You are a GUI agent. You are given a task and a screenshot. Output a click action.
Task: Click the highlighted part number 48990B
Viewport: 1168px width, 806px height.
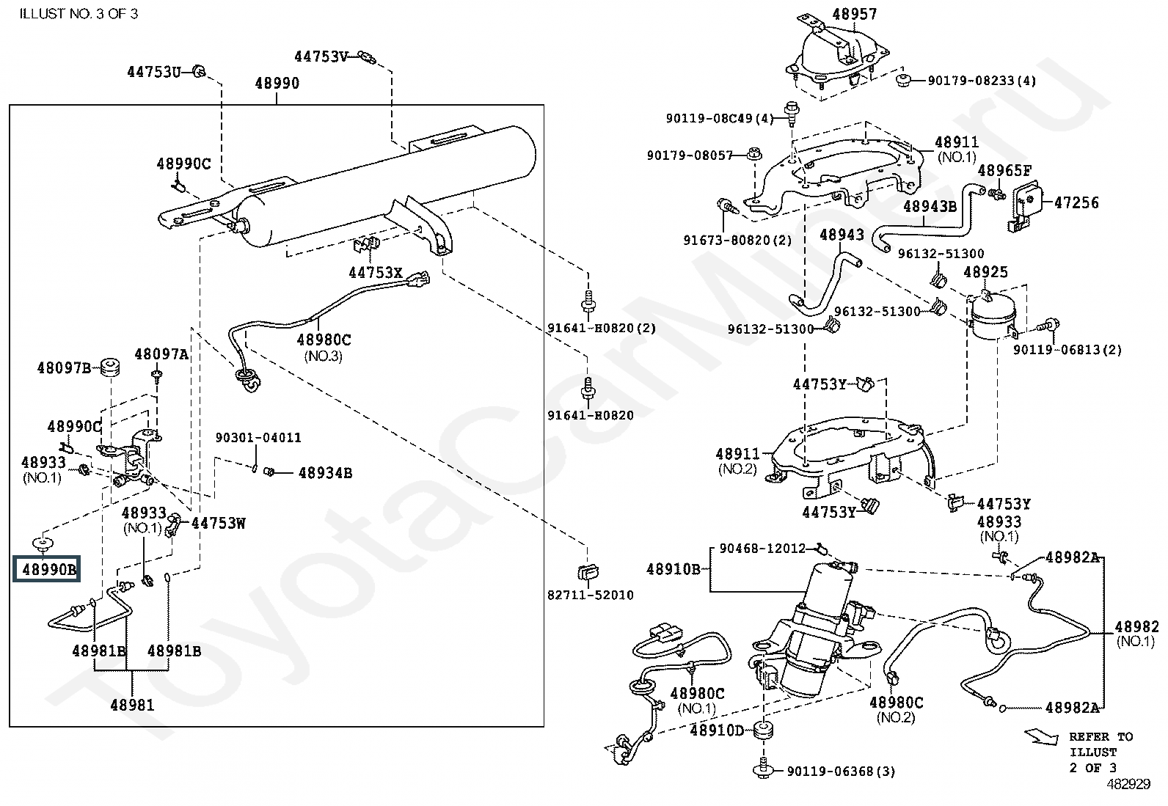49,569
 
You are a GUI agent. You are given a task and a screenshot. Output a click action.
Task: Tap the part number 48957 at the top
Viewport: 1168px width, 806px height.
855,14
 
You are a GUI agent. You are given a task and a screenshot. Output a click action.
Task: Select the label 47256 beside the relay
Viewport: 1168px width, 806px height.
1076,202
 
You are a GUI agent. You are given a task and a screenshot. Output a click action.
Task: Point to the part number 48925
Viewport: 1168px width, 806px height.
985,271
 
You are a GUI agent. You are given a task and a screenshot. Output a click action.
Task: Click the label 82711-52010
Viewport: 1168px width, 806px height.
591,595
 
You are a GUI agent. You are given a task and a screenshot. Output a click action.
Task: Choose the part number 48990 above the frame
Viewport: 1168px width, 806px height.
277,83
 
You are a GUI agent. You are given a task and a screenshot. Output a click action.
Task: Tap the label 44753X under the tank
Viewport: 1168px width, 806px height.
376,272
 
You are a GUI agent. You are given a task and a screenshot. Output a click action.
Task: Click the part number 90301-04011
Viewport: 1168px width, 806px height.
258,437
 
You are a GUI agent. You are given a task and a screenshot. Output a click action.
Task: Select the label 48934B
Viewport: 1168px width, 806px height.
325,473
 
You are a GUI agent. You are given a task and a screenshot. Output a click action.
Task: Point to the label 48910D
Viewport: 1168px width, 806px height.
717,730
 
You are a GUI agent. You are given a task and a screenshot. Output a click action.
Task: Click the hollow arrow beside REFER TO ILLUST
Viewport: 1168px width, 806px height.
1041,737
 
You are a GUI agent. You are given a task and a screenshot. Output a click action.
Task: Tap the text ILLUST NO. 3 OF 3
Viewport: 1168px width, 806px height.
79,13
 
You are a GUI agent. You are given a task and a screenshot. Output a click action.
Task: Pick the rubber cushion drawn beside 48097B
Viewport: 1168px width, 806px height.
111,367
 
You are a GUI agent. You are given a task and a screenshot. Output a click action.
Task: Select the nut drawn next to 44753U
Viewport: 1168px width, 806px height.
199,71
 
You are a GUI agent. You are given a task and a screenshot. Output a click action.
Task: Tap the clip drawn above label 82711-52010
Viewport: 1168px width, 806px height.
588,572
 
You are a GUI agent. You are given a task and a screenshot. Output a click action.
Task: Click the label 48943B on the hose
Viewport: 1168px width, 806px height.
930,207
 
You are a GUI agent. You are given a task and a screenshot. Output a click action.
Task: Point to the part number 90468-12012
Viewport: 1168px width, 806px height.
762,548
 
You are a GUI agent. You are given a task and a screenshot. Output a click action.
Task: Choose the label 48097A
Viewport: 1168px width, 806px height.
161,354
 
